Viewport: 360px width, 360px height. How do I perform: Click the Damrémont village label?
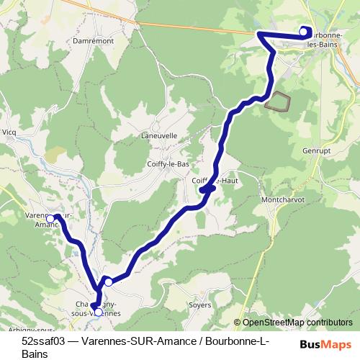pos(90,41)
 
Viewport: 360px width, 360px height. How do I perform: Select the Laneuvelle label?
pos(158,135)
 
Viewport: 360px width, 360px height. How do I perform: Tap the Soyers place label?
pos(199,305)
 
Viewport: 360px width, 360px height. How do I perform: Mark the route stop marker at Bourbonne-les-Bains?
pos(303,31)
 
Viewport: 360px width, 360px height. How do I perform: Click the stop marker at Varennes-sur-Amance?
pos(50,217)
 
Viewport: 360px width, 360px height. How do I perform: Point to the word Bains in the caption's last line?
pos(35,354)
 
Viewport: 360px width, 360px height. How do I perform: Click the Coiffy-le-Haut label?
pos(215,181)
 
